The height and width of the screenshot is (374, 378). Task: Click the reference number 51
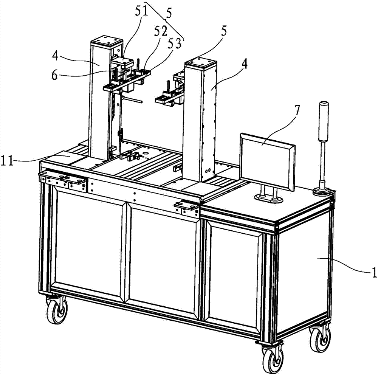141,12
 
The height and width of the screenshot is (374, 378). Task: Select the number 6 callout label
54,76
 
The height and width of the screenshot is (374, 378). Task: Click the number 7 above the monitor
297,111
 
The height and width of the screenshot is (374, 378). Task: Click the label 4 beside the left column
55,56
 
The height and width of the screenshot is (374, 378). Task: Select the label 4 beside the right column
244,64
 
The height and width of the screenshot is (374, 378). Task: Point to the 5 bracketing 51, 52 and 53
169,14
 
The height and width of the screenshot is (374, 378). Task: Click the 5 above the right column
224,31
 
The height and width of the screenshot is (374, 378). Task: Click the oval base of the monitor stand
269,199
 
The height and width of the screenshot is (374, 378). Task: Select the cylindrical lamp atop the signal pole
324,121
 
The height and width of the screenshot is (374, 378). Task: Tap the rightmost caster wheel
320,339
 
